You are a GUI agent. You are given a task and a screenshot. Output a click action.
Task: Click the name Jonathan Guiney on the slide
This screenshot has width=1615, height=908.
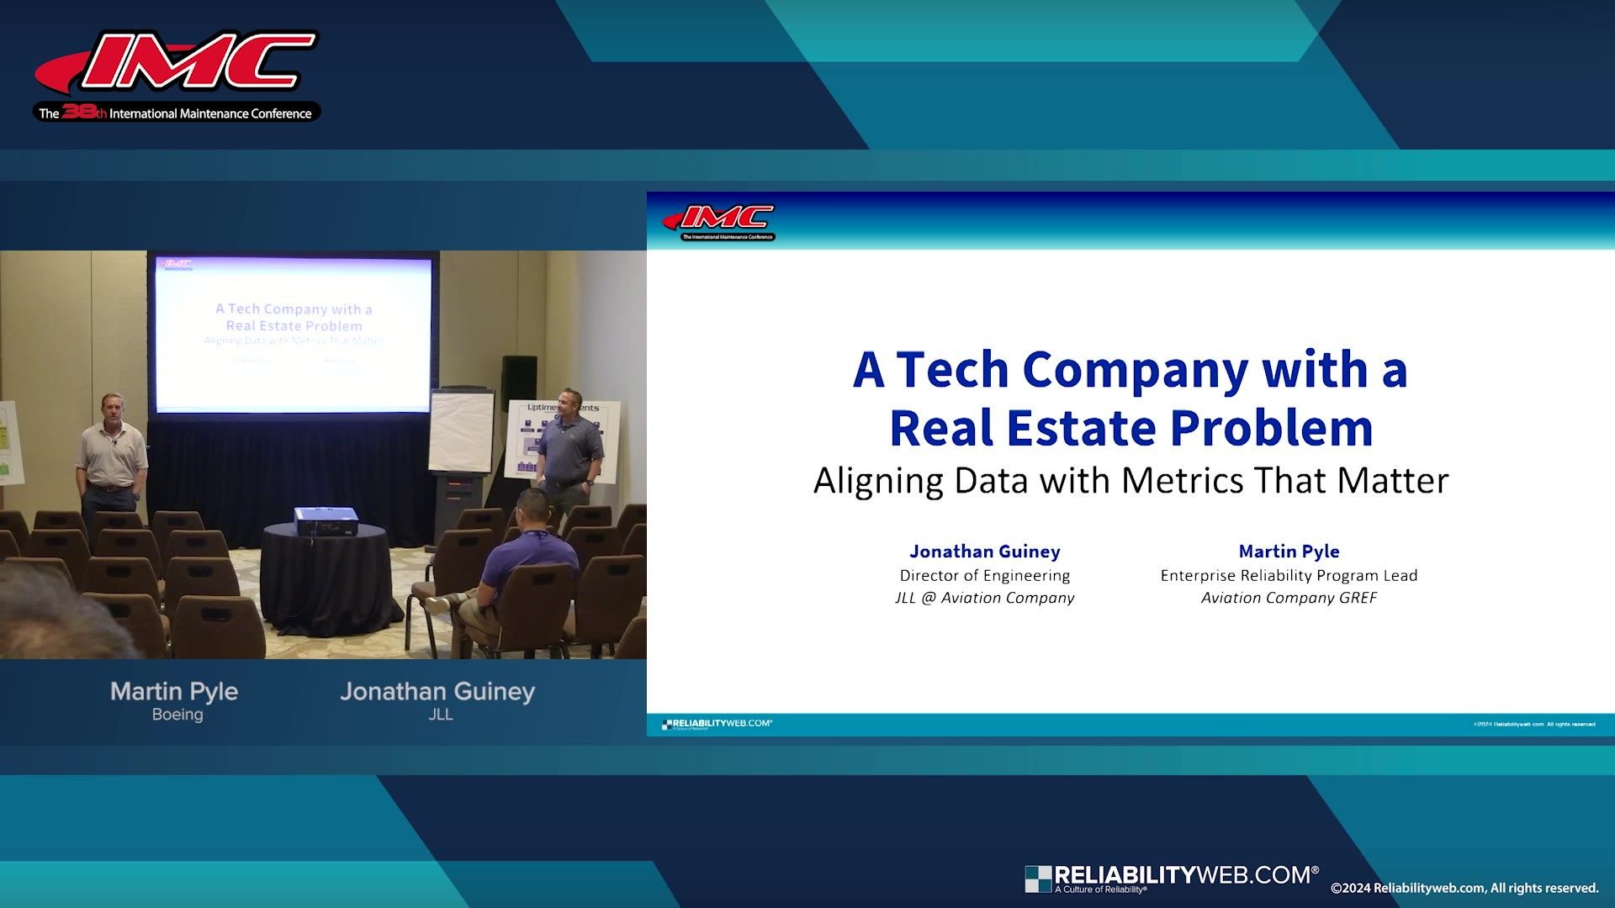984,552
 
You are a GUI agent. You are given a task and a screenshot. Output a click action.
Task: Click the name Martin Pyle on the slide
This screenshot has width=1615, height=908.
1289,552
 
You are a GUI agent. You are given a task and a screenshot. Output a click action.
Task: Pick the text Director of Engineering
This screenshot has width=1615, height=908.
984,576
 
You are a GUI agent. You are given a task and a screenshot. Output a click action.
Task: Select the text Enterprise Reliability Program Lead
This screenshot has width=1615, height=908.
1289,576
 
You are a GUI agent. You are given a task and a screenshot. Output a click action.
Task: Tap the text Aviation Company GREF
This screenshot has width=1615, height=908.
1289,598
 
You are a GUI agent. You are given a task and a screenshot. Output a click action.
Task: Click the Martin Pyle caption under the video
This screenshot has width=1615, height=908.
174,691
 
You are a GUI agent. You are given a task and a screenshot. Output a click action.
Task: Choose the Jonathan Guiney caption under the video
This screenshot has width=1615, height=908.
437,691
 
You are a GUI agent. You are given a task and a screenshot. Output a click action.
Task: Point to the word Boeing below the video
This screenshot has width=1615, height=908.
177,715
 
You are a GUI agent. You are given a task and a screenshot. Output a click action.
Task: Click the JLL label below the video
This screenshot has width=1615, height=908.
440,715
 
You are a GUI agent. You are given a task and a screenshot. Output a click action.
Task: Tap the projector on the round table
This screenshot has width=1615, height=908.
326,520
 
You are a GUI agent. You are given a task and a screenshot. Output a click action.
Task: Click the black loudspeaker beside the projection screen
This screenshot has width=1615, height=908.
519,383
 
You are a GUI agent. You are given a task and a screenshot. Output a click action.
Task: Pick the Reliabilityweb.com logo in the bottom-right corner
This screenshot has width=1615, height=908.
1172,878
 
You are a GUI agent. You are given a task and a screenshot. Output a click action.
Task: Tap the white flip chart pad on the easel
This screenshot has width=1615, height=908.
460,430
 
